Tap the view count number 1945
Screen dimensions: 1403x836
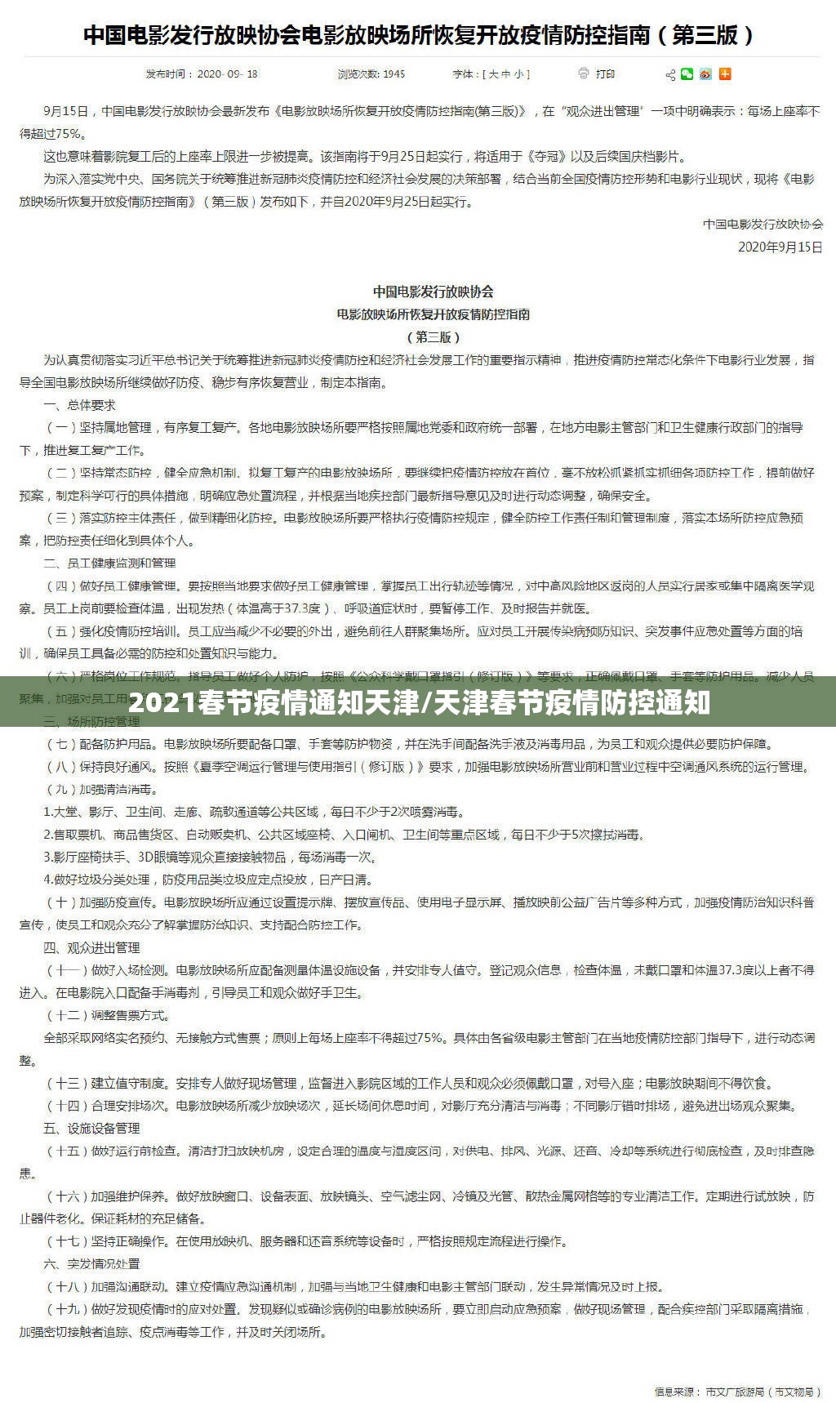[394, 74]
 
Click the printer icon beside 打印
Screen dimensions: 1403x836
[583, 73]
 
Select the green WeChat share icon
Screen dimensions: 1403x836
[687, 74]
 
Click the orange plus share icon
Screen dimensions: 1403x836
[725, 74]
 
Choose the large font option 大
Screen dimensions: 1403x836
[492, 74]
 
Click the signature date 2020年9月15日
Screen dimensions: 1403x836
[780, 246]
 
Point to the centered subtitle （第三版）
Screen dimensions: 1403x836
[433, 336]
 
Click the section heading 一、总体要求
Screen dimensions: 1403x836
[79, 404]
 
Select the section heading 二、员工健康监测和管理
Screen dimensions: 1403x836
[109, 563]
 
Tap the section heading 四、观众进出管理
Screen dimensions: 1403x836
[91, 947]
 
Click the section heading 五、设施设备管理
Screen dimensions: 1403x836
[91, 1128]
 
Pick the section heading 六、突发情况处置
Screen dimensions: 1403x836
[91, 1263]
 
